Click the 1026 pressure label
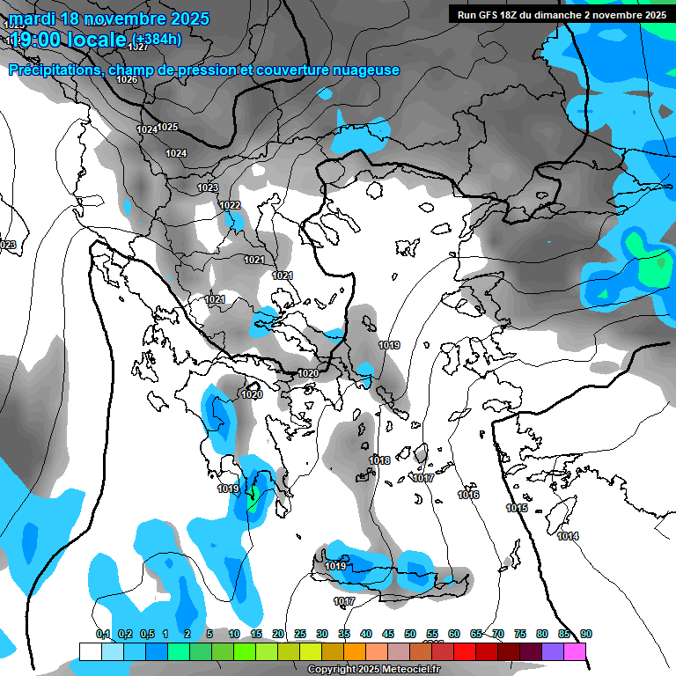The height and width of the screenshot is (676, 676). (x=128, y=80)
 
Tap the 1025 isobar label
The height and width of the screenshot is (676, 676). (x=168, y=127)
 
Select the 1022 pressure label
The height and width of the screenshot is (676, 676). (x=231, y=205)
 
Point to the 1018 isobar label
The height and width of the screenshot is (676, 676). (x=379, y=460)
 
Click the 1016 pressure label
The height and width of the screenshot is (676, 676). (x=468, y=496)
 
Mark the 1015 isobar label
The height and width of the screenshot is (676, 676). (x=517, y=508)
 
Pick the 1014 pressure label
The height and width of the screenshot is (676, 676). (x=568, y=536)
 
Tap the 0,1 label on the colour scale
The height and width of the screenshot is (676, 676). (x=103, y=634)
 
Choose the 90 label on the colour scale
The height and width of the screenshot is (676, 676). (x=585, y=634)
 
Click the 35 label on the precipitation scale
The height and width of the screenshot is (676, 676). (x=344, y=634)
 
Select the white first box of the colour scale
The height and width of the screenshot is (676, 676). (x=90, y=651)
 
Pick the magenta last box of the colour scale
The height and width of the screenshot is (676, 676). (x=575, y=651)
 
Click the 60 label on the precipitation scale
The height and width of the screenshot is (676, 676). (x=454, y=634)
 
